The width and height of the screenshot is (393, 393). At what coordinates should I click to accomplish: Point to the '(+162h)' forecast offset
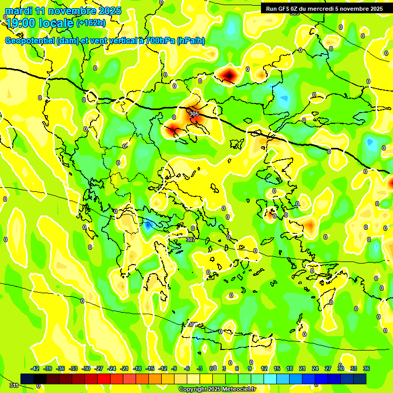pyautogui.click(x=91, y=23)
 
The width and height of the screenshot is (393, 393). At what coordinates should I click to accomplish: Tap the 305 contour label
pyautogui.click(x=194, y=113)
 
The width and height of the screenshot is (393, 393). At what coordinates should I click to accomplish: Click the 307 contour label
pyautogui.click(x=190, y=239)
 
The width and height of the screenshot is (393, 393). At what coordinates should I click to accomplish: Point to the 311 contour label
pyautogui.click(x=14, y=385)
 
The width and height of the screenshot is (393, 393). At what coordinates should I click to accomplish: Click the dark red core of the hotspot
pyautogui.click(x=229, y=76)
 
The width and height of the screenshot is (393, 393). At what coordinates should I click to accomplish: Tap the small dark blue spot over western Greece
pyautogui.click(x=148, y=225)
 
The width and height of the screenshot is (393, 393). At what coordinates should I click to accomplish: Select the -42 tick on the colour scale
pyautogui.click(x=35, y=368)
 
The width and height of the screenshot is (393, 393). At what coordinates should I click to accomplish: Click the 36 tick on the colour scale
pyautogui.click(x=366, y=368)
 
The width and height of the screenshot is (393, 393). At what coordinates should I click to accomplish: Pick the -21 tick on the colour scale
pyautogui.click(x=124, y=368)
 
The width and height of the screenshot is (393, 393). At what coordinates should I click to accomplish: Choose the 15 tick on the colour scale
pyautogui.click(x=277, y=368)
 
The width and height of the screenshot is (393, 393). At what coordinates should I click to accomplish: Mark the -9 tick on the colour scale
pyautogui.click(x=174, y=368)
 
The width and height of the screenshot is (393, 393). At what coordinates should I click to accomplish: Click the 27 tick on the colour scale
pyautogui.click(x=328, y=368)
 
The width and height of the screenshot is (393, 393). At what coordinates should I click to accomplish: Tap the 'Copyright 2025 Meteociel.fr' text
pyautogui.click(x=217, y=389)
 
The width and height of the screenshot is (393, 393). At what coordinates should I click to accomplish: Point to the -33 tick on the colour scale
pyautogui.click(x=73, y=368)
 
